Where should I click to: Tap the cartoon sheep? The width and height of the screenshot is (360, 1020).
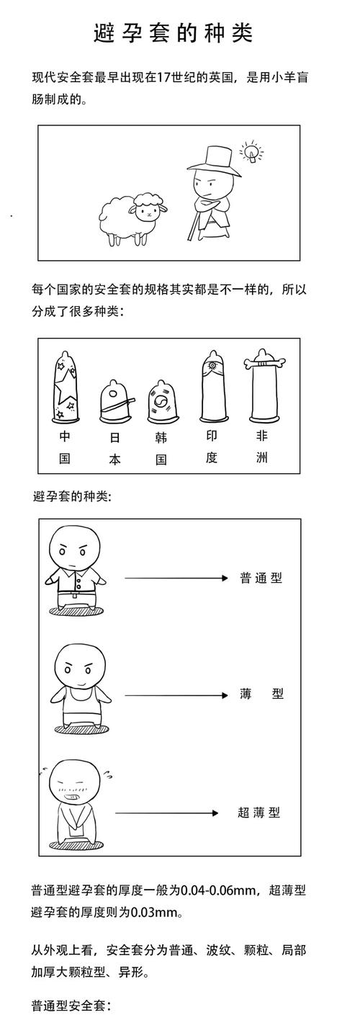pos(130,217)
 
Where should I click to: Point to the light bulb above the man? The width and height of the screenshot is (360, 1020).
pos(251,152)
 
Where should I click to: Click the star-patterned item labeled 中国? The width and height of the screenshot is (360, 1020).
pos(66,386)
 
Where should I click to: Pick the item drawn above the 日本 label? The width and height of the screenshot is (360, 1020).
pos(114,401)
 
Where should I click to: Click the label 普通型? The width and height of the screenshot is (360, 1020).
pos(261,578)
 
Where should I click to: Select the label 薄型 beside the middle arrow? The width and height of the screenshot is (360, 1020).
pos(261,694)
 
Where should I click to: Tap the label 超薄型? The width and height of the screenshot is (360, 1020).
pos(258,813)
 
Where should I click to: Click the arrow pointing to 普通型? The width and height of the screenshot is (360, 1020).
pos(176,578)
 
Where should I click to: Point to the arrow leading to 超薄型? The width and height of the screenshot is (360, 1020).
pos(166,813)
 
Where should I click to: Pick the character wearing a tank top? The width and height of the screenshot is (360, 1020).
pos(76,688)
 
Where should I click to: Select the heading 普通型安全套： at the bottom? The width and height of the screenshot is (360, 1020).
pos(71,1005)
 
